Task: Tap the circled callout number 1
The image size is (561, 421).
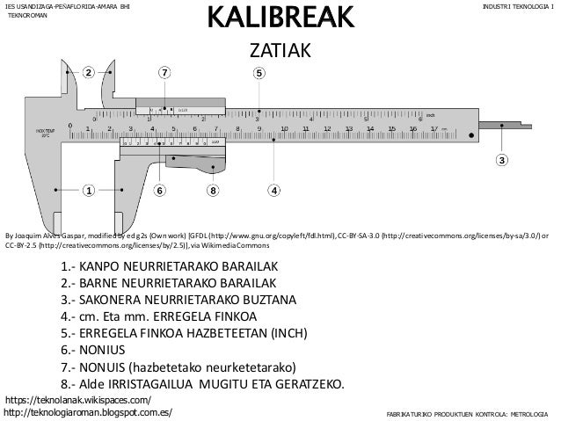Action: pos(88,189)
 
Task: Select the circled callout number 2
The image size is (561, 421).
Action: pos(88,72)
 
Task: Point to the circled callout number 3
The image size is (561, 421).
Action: pos(502,161)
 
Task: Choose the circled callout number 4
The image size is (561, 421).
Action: pos(274,189)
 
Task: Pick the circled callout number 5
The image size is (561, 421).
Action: pos(259,72)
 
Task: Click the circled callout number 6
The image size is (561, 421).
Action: pos(161,189)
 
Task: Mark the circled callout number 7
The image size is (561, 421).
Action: pos(164,72)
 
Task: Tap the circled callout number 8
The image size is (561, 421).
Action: pos(212,189)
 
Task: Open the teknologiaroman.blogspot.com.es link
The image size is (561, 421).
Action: pos(89,411)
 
